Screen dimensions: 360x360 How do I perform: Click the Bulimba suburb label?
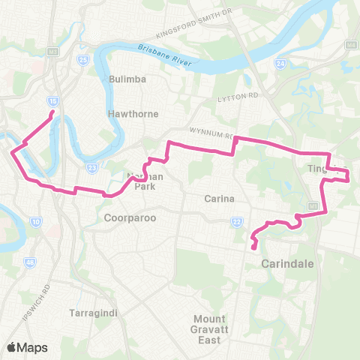click(126, 79)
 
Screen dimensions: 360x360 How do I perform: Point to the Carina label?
click(220, 199)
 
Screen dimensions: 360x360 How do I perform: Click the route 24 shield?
click(280, 64)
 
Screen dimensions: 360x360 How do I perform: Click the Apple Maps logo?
click(26, 347)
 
